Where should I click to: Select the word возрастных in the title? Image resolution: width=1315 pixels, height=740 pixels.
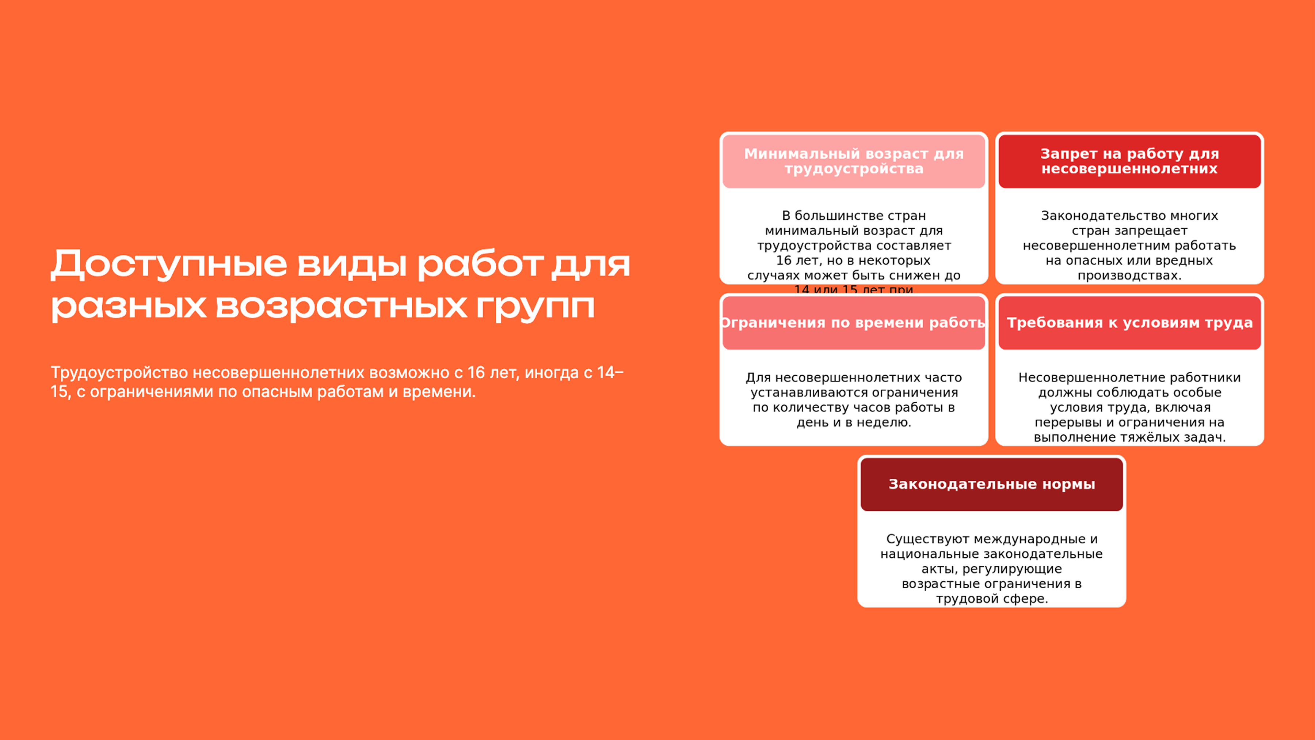pyautogui.click(x=342, y=307)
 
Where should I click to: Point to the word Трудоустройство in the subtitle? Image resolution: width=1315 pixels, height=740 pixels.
pyautogui.click(x=119, y=373)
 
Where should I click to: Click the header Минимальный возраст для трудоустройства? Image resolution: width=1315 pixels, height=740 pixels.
pyautogui.click(x=854, y=161)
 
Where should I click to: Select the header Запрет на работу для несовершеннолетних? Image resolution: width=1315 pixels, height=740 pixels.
pyautogui.click(x=1129, y=161)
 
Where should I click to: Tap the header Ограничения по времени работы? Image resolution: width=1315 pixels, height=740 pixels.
pyautogui.click(x=854, y=323)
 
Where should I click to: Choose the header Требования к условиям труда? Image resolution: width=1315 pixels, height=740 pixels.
pyautogui.click(x=1129, y=323)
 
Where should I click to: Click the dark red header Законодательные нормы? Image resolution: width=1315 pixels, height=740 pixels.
pyautogui.click(x=991, y=484)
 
